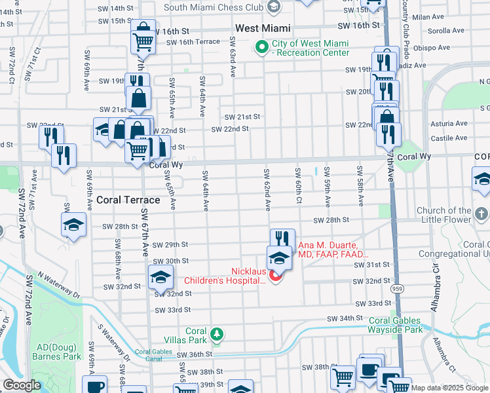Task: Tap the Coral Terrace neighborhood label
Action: click(128, 200)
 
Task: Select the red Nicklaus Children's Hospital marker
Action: click(275, 277)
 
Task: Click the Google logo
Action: click(21, 385)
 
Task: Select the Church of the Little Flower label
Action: click(453, 215)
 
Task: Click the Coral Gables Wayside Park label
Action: click(395, 325)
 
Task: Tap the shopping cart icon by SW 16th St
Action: click(143, 42)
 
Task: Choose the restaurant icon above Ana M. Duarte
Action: click(282, 238)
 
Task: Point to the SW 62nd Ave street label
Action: click(267, 189)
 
